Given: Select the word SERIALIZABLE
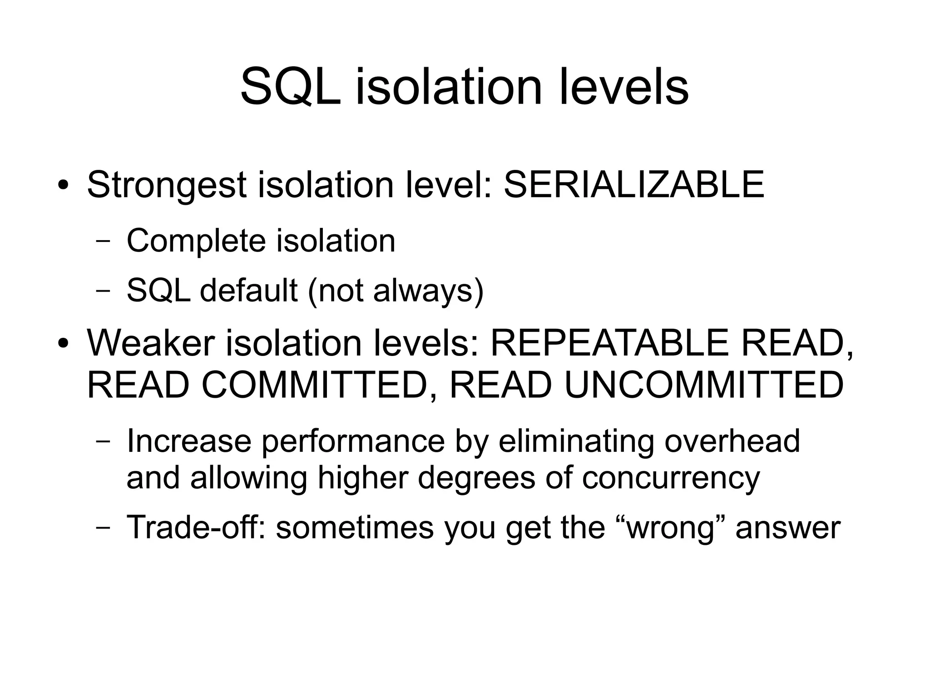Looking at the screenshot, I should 634,185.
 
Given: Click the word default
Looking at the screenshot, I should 248,290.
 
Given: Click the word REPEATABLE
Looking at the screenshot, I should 610,343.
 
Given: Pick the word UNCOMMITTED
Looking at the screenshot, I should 704,385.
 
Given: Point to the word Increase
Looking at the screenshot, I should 188,441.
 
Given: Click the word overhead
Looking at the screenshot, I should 732,441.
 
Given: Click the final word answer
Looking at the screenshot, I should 787,528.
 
